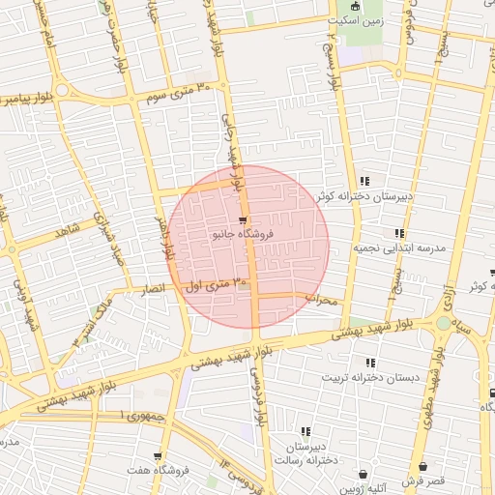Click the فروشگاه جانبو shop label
point(243,234)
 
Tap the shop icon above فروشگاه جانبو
point(242,219)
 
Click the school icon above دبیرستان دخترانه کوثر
point(364,181)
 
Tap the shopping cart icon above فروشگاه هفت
point(158,456)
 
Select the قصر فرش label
point(423,480)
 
